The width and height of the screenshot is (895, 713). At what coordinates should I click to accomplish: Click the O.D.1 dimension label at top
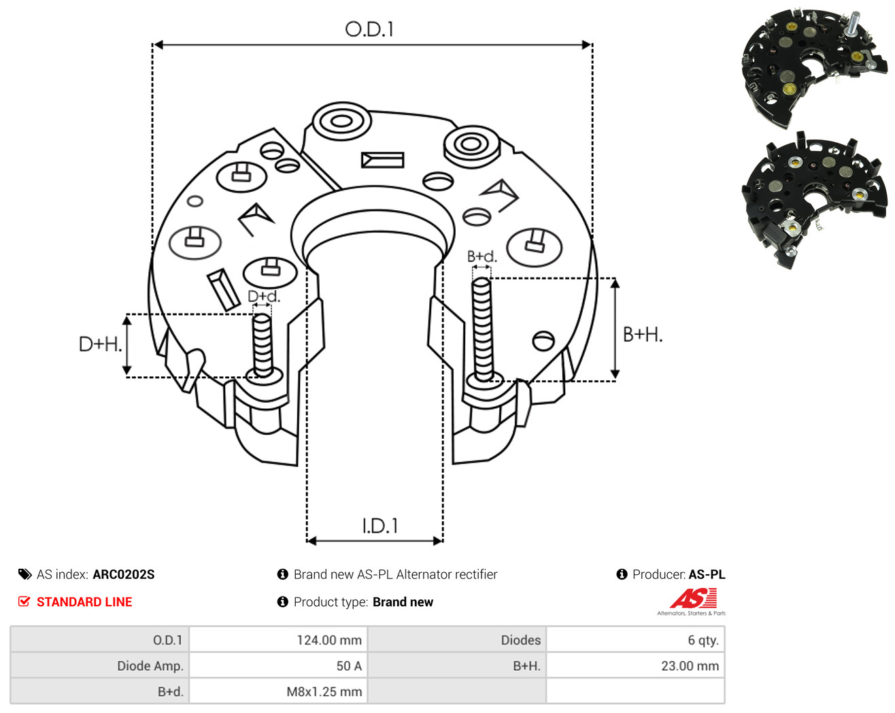point(369,29)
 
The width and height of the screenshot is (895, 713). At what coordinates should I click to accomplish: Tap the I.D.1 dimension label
point(379,526)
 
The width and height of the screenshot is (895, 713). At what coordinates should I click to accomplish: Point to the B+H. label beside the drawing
point(642,335)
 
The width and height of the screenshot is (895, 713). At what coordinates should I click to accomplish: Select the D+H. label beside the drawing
point(100,344)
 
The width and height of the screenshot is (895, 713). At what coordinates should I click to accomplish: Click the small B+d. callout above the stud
point(482,256)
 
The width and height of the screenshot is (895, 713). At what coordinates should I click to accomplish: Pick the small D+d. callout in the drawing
point(264,296)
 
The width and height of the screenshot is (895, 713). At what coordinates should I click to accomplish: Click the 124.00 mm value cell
point(329,640)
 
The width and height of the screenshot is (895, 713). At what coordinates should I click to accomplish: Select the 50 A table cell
point(349,665)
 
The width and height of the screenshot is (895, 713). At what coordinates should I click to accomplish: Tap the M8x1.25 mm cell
point(324,691)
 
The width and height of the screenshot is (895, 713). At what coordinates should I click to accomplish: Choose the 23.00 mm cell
point(690,665)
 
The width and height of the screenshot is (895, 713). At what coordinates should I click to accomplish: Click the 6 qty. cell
point(703,640)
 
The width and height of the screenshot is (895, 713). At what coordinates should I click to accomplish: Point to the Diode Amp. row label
point(150,665)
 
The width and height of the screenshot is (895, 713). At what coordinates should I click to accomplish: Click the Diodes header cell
point(521,640)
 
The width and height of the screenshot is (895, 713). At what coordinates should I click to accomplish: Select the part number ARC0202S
point(124,574)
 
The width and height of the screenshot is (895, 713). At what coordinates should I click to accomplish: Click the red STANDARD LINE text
point(84,601)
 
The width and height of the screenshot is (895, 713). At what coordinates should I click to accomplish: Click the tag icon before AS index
point(25,574)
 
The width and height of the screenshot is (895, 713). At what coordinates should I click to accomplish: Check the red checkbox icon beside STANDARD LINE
point(24,601)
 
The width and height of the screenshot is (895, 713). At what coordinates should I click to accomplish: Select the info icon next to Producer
point(622,574)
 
